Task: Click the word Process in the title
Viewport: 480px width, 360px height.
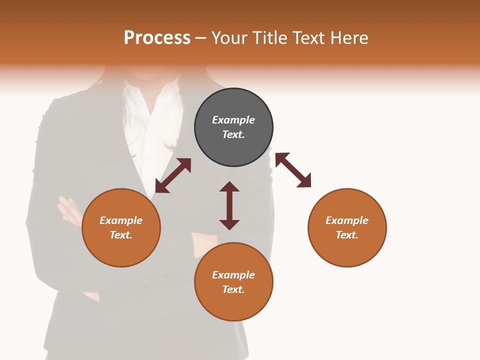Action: [157, 38]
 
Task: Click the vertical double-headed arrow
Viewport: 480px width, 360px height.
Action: [229, 205]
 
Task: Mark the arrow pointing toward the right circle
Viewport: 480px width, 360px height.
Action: [293, 170]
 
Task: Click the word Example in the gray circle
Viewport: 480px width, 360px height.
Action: [233, 120]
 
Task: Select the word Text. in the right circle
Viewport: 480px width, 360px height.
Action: [347, 235]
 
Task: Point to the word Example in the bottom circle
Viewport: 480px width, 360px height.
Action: [233, 275]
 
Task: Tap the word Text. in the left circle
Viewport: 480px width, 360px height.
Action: [121, 235]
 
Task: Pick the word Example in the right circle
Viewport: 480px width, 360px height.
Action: [347, 220]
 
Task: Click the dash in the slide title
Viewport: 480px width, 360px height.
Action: [201, 38]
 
